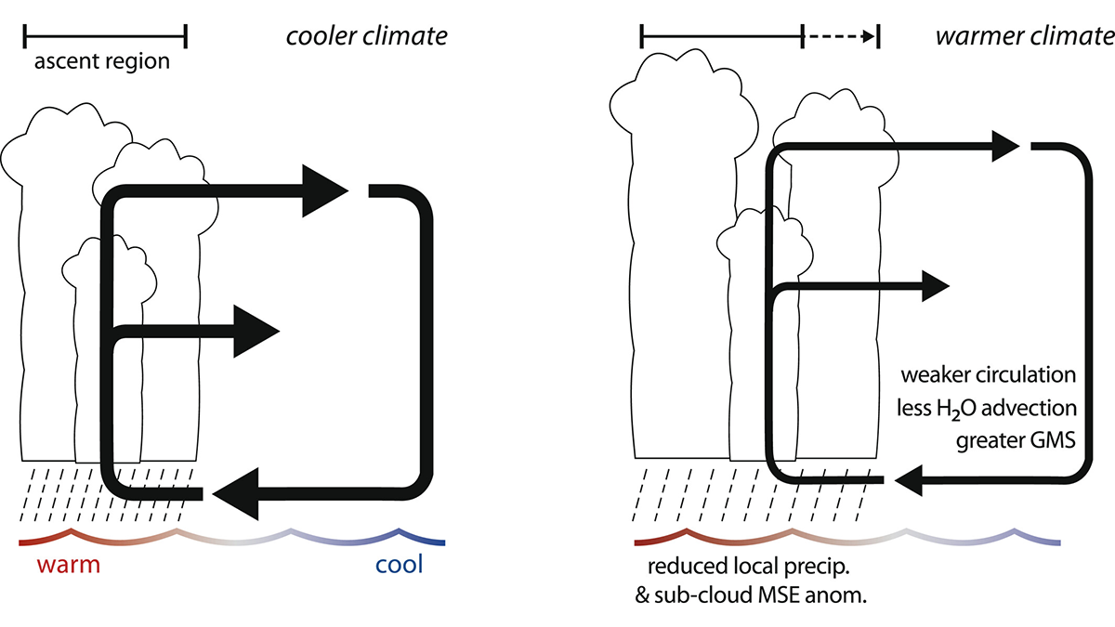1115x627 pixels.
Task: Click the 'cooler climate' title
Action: [367, 36]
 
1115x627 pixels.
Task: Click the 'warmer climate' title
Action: [1023, 36]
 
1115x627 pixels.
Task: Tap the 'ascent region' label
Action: [102, 63]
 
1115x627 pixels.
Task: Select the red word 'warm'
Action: [68, 565]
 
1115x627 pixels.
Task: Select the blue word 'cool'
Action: [399, 565]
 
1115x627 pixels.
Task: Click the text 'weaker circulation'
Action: [987, 376]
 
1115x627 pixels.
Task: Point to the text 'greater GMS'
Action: [1016, 441]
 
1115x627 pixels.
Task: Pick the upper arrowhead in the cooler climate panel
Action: [324, 191]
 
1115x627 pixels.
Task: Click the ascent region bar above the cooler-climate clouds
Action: [105, 36]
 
